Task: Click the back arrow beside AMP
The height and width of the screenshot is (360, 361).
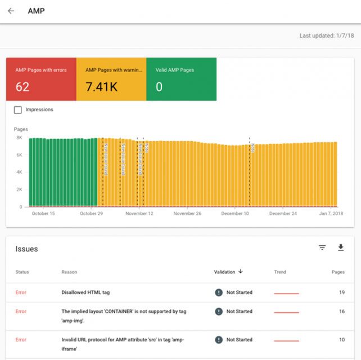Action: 11,11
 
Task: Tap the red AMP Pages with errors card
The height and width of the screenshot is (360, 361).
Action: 41,79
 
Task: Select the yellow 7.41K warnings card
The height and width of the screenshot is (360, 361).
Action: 111,79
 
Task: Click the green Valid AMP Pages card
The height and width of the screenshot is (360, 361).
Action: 181,79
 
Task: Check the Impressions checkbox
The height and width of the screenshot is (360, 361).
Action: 18,110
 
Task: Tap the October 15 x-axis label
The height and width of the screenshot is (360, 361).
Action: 43,214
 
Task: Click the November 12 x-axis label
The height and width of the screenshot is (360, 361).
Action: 139,214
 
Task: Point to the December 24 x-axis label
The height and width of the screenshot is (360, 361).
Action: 283,214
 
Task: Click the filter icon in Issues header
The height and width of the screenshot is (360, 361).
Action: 322,247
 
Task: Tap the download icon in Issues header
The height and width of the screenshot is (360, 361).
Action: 340,247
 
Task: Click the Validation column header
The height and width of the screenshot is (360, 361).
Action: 228,272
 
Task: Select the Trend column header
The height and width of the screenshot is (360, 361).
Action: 280,272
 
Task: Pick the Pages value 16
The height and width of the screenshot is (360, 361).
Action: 341,311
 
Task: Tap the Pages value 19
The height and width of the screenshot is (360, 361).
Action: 341,292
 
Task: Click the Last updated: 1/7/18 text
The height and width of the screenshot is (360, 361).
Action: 326,35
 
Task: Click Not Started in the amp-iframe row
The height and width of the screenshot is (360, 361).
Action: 239,340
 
